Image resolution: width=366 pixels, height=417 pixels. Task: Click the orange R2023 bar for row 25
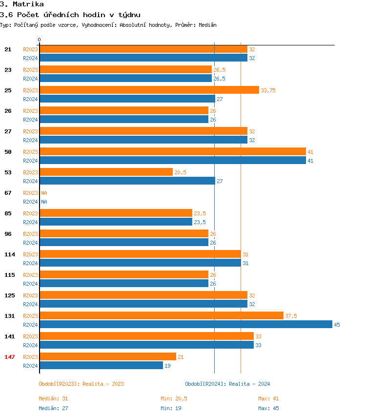[x=149, y=90]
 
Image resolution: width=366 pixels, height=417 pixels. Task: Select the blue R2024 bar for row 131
[x=185, y=324]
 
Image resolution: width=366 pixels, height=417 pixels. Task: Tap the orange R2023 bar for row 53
[x=106, y=172]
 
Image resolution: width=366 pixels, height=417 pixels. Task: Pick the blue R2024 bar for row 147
[x=101, y=365]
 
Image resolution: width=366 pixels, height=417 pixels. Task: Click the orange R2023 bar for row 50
[x=172, y=151]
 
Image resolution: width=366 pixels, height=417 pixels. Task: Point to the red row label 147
[x=10, y=357]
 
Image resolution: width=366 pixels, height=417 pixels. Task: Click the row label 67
[x=8, y=193]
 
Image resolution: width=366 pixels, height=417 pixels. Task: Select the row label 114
[x=10, y=254]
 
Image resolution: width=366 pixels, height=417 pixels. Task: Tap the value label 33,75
[x=268, y=90]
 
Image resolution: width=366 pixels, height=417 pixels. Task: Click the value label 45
[x=337, y=325]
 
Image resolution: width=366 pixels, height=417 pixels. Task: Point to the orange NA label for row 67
[x=44, y=193]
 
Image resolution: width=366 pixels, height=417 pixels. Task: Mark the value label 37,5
[x=291, y=316]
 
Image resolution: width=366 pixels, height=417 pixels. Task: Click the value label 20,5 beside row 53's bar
[x=180, y=172]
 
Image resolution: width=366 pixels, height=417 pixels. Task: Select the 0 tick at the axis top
[x=40, y=40]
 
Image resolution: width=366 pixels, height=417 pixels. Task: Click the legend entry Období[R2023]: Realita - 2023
[x=81, y=384]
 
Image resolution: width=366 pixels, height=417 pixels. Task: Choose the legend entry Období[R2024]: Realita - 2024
[x=227, y=384]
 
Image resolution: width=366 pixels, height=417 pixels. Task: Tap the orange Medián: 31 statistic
[x=53, y=398]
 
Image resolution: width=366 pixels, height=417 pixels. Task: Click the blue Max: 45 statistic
[x=268, y=408]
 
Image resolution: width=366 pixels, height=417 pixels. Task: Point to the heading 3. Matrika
[x=22, y=4]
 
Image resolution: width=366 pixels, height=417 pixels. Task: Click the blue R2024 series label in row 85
[x=30, y=222]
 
